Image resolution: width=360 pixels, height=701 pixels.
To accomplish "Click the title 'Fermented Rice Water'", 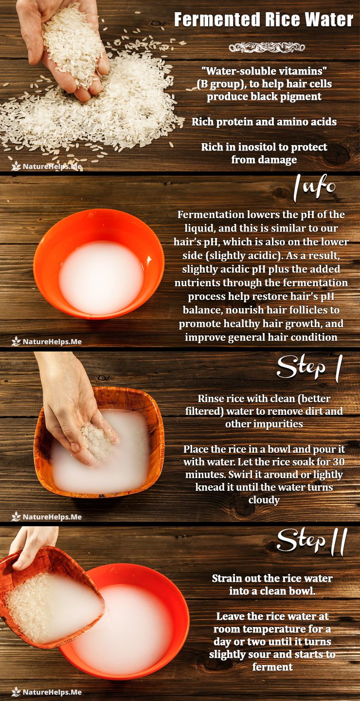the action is (x=263, y=19).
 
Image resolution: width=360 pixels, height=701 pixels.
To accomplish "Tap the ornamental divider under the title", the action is (x=267, y=48).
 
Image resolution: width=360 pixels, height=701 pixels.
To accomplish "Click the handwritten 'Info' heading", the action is (x=314, y=188).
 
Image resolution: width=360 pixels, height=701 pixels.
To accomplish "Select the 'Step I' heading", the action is (x=309, y=368).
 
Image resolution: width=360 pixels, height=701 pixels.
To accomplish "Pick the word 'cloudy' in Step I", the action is (x=264, y=500).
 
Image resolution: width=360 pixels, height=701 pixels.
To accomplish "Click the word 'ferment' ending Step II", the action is (x=272, y=667).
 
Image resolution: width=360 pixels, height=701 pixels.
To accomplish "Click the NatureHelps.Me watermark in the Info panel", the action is (x=47, y=341).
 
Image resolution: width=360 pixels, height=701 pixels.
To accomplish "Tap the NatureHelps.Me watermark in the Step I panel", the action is (x=47, y=517).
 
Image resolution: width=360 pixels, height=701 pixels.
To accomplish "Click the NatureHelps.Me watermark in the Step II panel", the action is (x=47, y=692).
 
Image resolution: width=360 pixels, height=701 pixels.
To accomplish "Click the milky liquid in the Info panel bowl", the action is (x=101, y=277).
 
